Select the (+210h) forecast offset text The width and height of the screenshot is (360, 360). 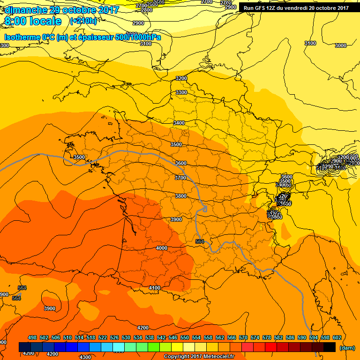(x=83, y=21)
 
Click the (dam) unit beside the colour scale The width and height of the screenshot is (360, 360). (x=346, y=347)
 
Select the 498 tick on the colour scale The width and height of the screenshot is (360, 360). (x=32, y=338)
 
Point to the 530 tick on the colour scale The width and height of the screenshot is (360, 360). (x=126, y=338)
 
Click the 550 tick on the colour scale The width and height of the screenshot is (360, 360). (x=185, y=338)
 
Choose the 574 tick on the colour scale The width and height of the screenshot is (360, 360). (x=255, y=338)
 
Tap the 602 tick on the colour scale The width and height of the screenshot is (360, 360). (x=337, y=338)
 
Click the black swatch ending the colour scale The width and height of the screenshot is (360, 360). (x=330, y=347)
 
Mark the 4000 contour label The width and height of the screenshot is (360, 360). (x=162, y=248)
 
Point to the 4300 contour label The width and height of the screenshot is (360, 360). (x=85, y=357)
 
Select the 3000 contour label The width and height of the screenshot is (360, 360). (x=341, y=45)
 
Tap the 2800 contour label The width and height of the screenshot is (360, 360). (x=147, y=10)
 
